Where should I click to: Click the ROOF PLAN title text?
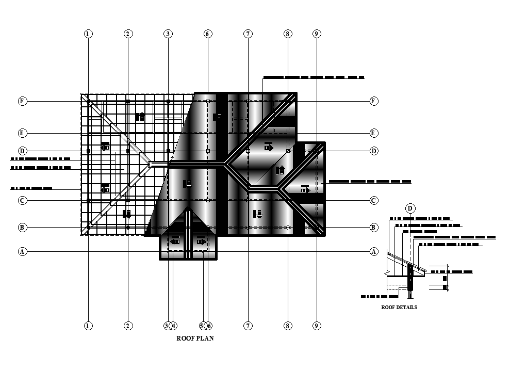tap(195, 339)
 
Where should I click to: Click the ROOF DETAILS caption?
tap(399, 308)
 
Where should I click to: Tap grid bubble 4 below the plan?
tap(174, 326)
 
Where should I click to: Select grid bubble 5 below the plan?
tap(203, 326)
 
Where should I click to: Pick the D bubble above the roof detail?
tap(410, 208)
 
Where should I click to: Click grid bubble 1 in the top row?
tap(88, 34)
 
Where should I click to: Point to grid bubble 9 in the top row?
tap(317, 34)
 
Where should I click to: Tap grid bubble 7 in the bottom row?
tap(248, 326)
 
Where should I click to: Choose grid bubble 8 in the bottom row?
tap(288, 326)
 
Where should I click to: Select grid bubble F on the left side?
tap(23, 101)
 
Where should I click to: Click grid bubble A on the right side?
tap(374, 252)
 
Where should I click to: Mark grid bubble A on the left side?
tap(23, 252)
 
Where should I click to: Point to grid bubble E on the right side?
tap(374, 133)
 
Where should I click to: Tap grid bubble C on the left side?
tap(23, 200)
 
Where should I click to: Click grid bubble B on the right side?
tap(374, 227)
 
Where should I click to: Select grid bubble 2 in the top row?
tap(128, 34)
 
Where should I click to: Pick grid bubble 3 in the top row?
tap(168, 34)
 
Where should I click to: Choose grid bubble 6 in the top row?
tap(208, 34)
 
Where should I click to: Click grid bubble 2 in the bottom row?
tap(128, 326)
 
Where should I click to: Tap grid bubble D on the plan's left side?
tap(23, 151)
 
